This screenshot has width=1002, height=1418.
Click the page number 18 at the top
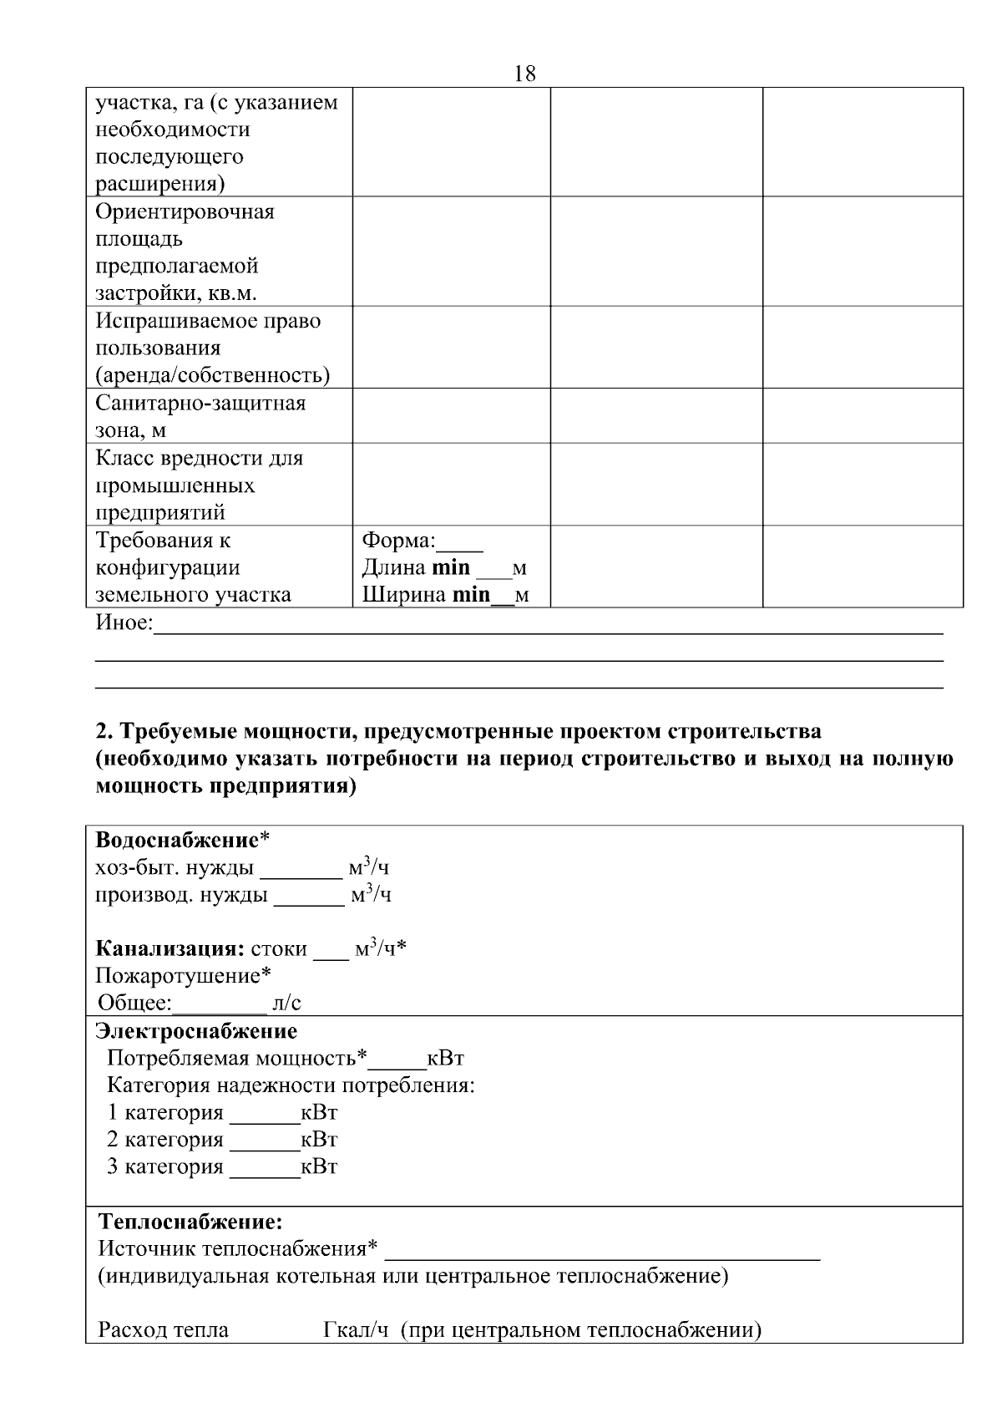point(524,74)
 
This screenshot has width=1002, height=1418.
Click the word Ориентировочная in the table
point(185,211)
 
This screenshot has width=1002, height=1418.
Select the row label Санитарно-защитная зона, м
point(200,416)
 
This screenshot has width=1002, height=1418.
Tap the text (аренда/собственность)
point(213,375)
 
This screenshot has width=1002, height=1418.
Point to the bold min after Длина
point(451,567)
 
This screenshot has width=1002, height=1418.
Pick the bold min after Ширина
point(471,595)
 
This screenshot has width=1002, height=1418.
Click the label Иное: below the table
point(124,623)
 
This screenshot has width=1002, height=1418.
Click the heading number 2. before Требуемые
point(104,731)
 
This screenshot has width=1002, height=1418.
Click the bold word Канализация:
point(170,949)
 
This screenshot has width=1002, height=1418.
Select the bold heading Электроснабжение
point(196,1031)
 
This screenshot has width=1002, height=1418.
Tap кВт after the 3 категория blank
point(319,1166)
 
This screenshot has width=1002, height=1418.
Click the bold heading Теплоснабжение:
point(191,1222)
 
